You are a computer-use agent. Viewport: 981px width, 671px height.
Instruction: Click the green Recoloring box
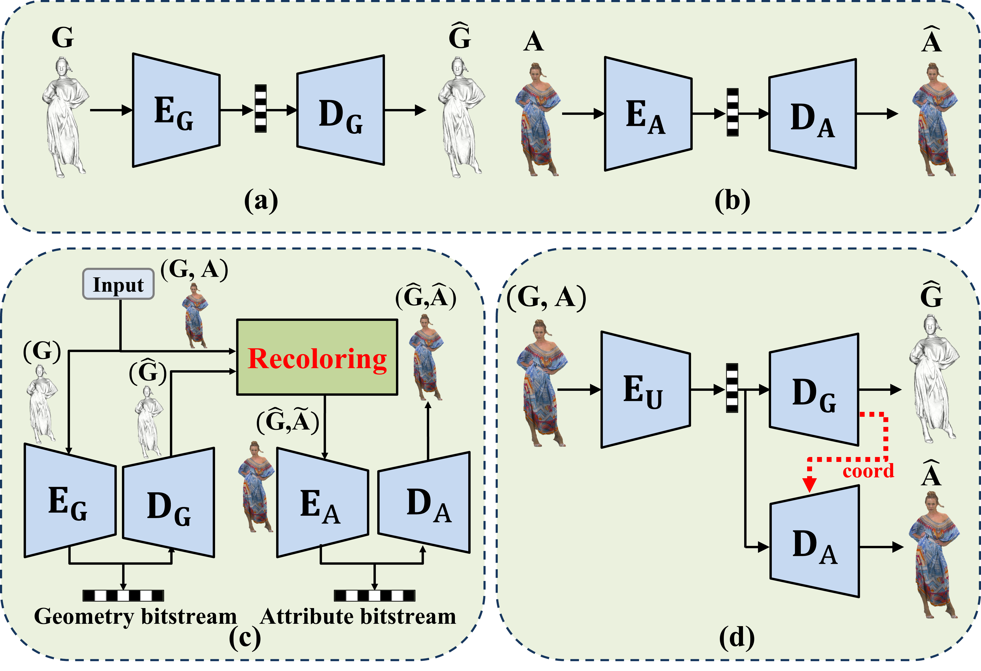317,357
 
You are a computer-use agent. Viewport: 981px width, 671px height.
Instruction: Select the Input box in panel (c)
118,284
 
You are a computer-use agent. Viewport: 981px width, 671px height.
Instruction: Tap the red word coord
868,471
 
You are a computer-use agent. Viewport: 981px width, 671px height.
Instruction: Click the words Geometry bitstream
135,616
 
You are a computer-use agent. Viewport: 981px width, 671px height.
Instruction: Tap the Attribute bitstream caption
358,616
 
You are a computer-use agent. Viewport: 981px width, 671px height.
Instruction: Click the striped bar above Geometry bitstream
123,595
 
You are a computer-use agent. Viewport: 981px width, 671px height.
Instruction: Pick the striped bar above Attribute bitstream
374,595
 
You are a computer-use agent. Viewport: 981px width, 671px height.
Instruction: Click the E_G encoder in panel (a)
176,110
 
